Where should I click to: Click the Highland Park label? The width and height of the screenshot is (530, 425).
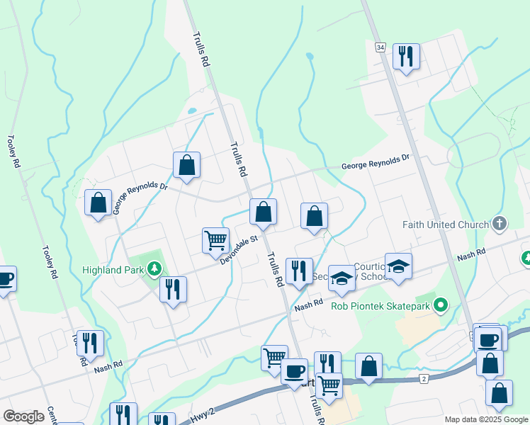point(113,270)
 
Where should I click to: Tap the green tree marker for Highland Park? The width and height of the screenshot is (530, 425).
point(152,269)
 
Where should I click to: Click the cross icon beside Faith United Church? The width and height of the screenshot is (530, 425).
point(500,225)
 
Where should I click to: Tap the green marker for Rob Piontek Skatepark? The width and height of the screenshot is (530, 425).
point(441,306)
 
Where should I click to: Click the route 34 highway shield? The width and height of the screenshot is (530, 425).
point(381,47)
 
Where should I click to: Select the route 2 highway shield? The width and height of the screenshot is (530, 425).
point(424,379)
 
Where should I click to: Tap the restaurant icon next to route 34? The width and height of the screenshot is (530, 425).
point(406,56)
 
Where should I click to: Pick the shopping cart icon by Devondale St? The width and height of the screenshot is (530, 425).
point(215,239)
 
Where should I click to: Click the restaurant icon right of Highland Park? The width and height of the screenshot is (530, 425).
point(173,289)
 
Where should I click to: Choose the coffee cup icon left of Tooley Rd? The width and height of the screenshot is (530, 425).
point(4,278)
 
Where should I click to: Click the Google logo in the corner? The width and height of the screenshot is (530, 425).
point(24,416)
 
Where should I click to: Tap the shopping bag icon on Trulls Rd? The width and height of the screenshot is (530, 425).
point(263,212)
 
